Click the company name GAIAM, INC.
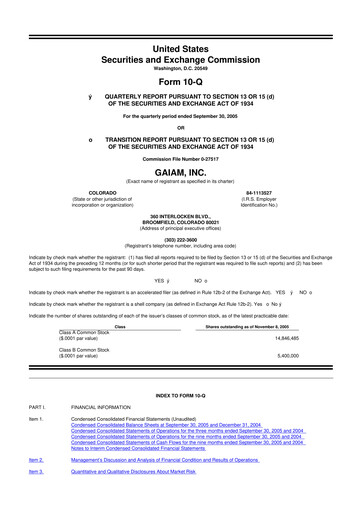pos(180,171)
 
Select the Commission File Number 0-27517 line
pos(180,158)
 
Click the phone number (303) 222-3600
pos(180,241)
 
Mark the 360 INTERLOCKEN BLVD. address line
pos(181,215)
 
